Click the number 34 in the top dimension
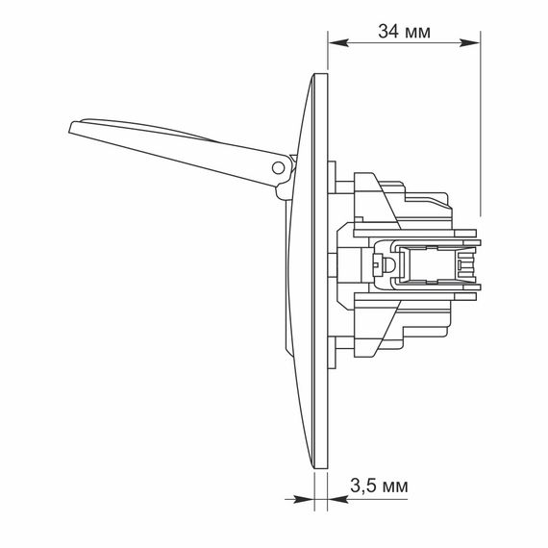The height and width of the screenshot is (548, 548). click(388, 32)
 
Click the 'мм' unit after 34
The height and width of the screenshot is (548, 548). click(417, 34)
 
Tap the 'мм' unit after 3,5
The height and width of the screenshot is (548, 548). click(395, 487)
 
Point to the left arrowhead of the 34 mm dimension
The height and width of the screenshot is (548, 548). click(338, 42)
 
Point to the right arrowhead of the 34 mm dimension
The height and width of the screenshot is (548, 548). click(469, 42)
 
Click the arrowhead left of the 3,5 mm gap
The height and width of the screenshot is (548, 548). click(304, 499)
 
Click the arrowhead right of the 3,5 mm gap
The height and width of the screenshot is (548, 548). click(338, 499)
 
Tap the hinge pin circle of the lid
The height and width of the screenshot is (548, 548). click(278, 167)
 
